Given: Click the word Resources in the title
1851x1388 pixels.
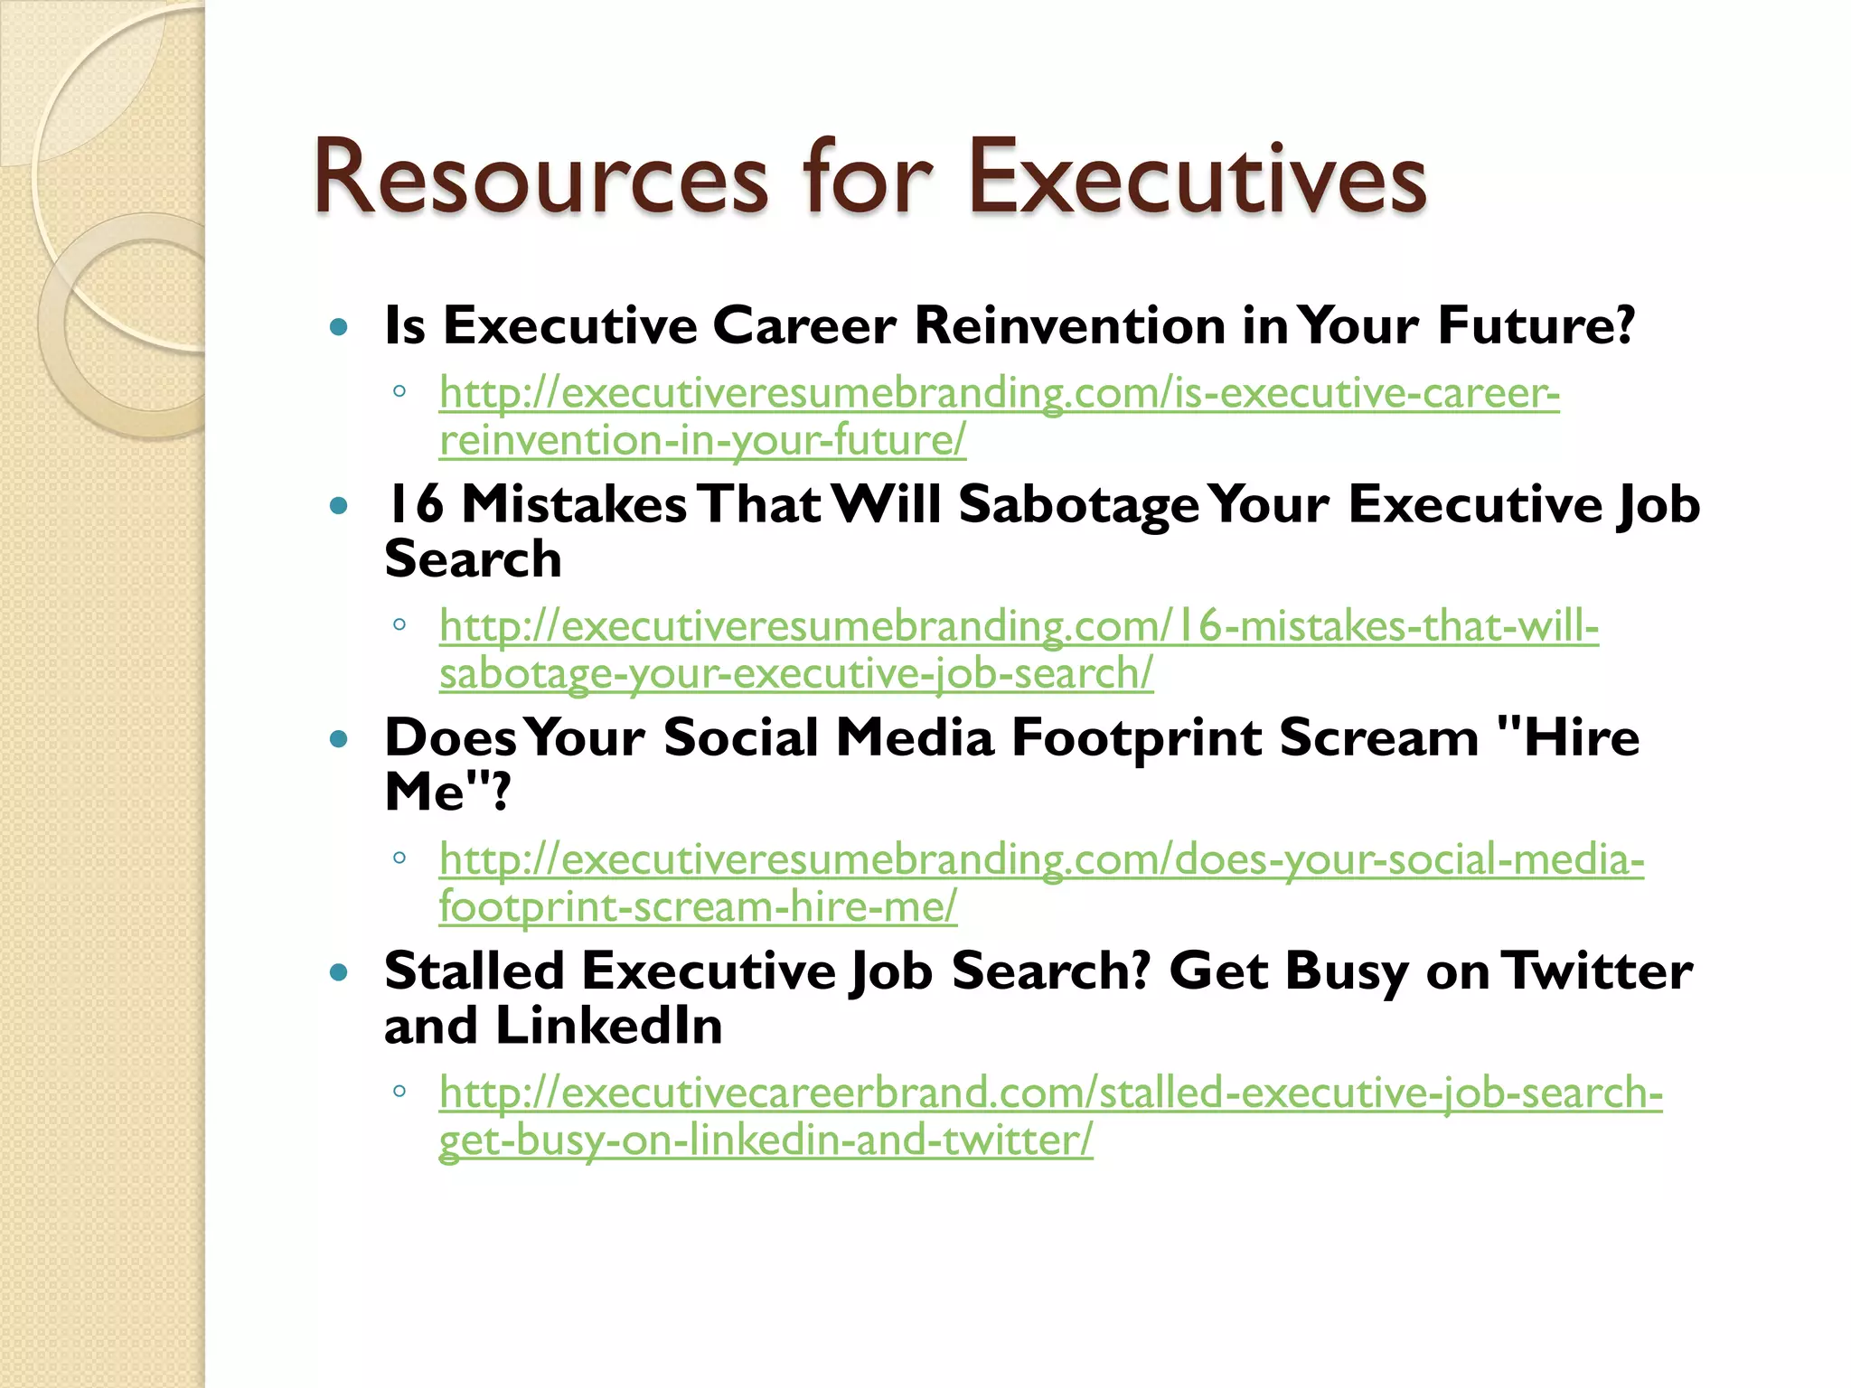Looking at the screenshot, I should point(540,178).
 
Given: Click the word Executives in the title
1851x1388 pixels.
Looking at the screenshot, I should point(1197,178).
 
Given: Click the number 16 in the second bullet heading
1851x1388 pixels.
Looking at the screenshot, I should point(414,504).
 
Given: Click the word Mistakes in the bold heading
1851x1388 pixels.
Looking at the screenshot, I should point(574,504).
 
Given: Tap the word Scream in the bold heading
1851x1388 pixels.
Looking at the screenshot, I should point(1378,739).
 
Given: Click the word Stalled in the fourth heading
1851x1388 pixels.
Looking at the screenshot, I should point(474,971).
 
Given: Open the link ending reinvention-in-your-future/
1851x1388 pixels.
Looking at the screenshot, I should point(702,441).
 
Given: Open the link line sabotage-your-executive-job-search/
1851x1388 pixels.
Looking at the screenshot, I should point(795,674).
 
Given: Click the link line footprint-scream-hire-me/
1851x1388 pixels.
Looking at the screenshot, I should point(698,907).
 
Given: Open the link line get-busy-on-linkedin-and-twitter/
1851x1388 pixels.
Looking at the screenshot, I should point(766,1140).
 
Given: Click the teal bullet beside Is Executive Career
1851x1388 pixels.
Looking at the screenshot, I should point(339,327).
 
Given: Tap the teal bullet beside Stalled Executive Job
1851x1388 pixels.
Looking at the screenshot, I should point(339,973).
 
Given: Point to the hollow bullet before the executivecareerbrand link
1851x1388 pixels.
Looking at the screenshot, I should point(399,1091).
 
